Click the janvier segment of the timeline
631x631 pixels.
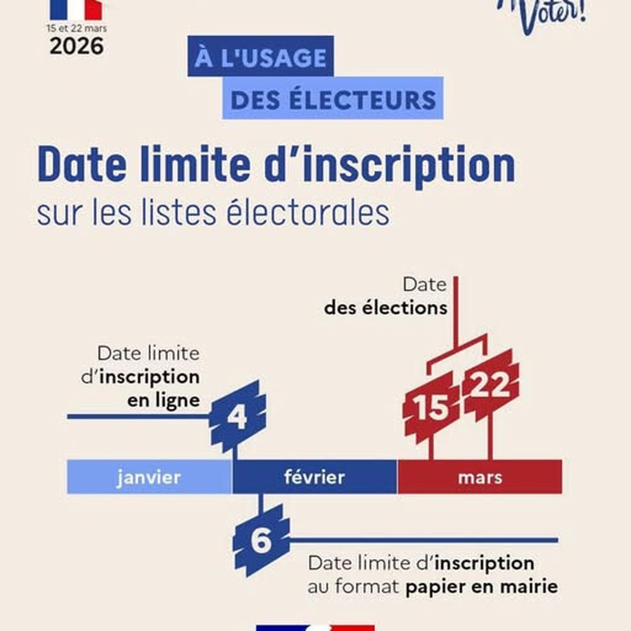(x=149, y=477)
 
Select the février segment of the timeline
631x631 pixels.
(x=314, y=477)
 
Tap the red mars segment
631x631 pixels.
(x=480, y=477)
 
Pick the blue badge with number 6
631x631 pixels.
(x=261, y=541)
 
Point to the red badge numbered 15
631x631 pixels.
(x=432, y=406)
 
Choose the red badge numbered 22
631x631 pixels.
(x=491, y=386)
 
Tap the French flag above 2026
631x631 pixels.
(x=76, y=9)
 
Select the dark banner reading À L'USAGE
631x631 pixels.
(x=260, y=59)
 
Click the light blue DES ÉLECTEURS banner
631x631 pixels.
(x=333, y=100)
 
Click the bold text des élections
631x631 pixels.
(x=386, y=309)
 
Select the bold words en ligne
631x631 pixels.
(x=163, y=400)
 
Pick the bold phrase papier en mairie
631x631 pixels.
(x=481, y=586)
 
